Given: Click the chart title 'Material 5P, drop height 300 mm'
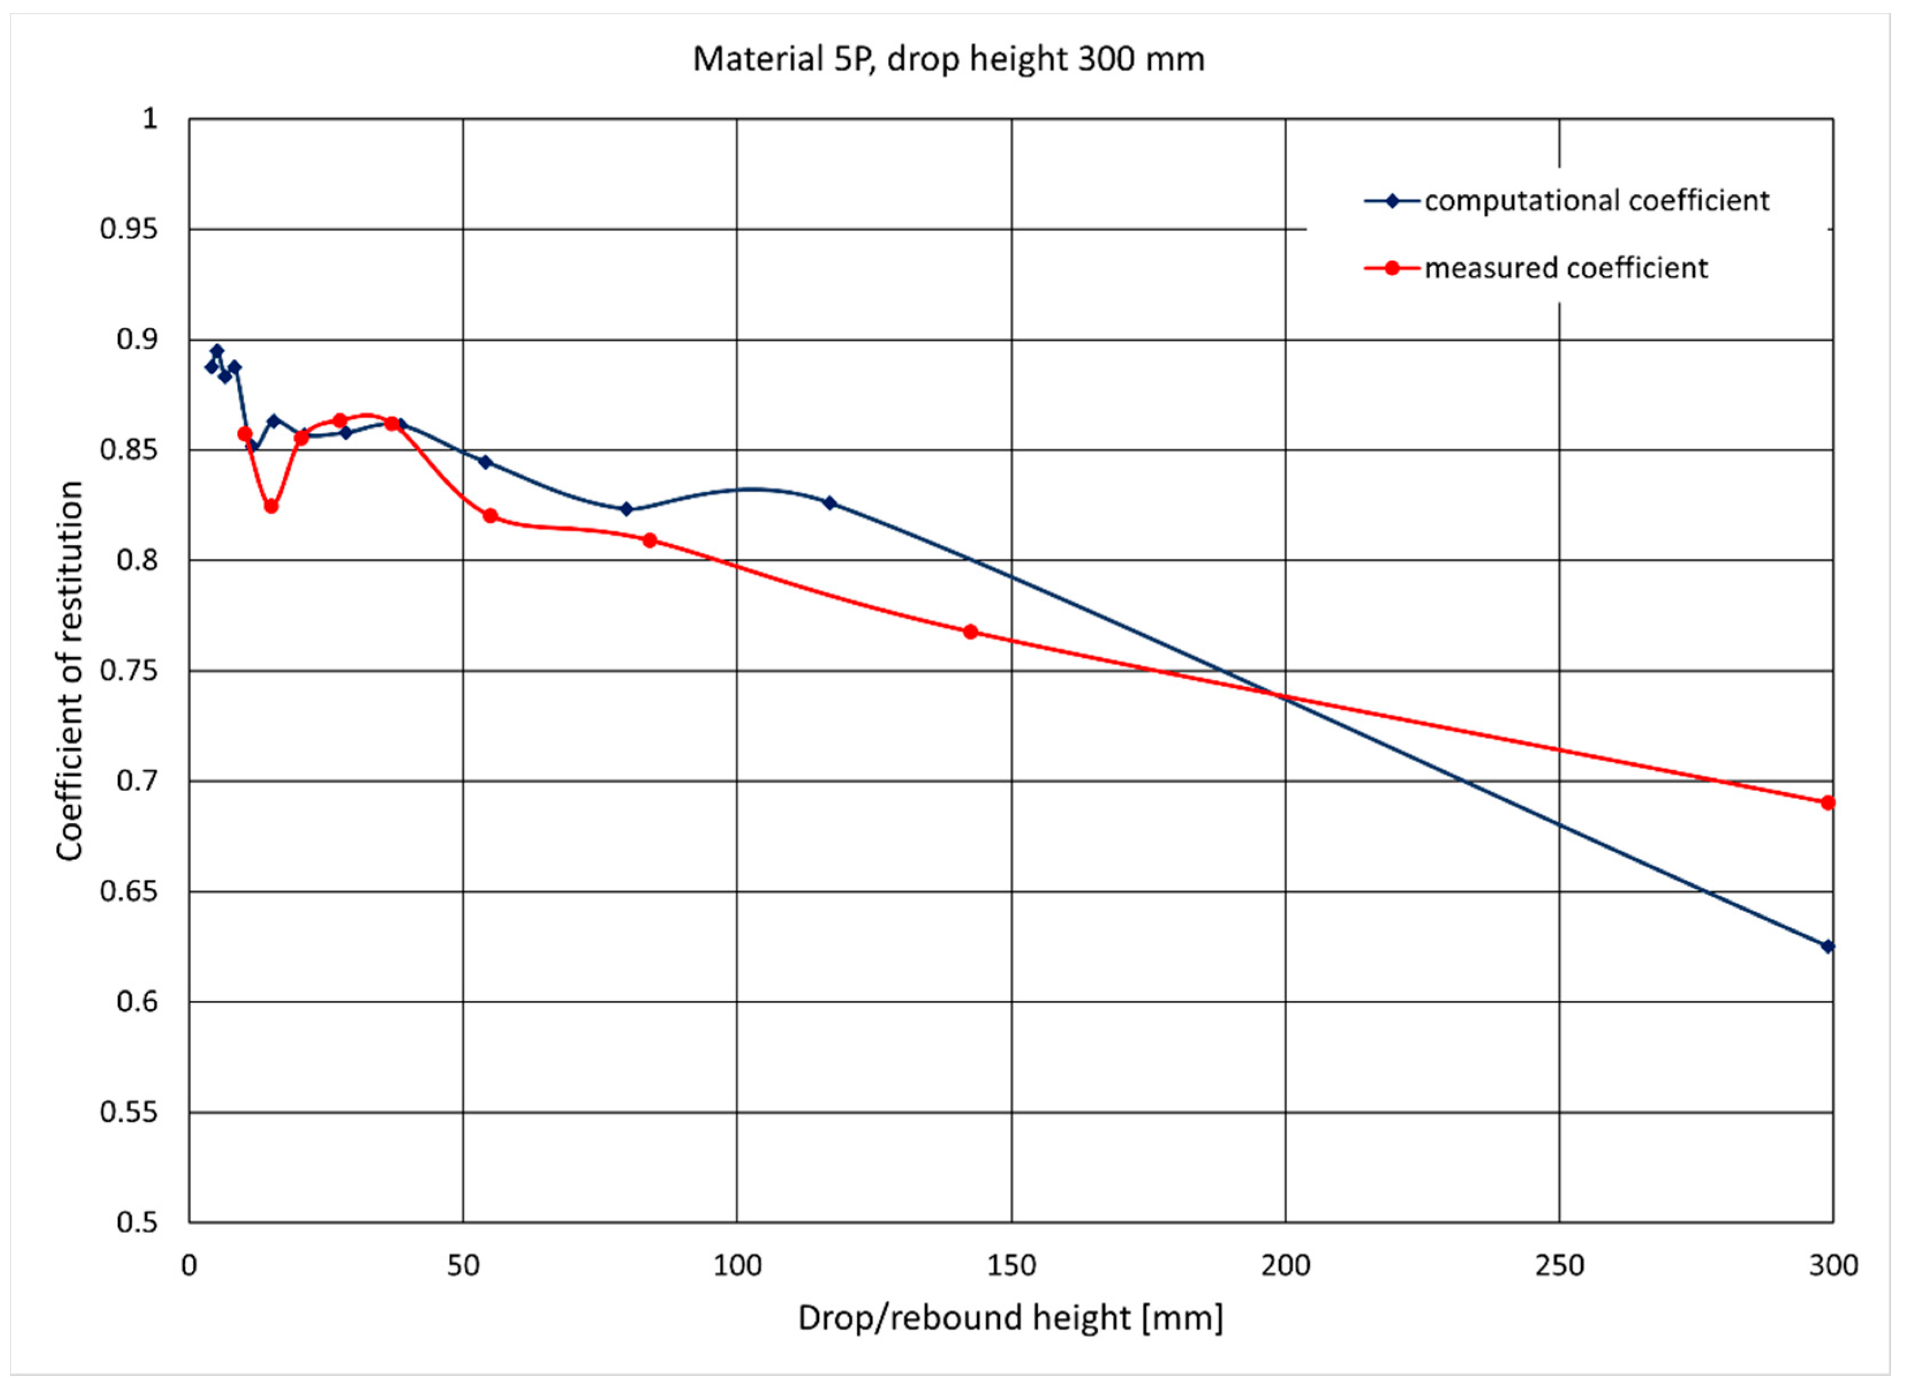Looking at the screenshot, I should [948, 59].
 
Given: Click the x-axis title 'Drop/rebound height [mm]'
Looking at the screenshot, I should [1010, 1317].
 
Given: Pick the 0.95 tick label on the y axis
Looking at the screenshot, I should [128, 229].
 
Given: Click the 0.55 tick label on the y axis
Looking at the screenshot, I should [128, 1112].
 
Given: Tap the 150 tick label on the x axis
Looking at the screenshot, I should [1010, 1265].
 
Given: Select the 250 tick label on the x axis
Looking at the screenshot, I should [1559, 1265].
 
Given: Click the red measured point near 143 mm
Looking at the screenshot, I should [970, 632].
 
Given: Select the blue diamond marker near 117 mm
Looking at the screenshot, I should [830, 503].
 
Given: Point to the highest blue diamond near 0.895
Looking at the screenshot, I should [217, 351].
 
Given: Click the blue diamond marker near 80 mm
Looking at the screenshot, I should [626, 509].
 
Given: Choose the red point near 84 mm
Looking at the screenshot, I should [649, 540].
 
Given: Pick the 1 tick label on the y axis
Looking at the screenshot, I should [150, 119].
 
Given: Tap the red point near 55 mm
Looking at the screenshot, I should [490, 516].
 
